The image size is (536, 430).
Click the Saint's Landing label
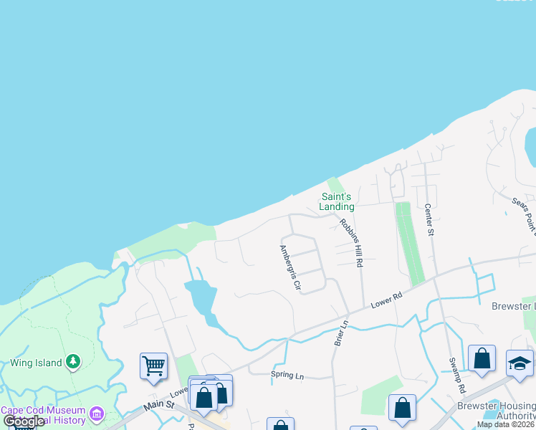pos(337,201)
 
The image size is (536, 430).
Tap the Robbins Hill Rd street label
pos(350,242)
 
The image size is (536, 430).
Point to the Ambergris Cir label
pos(289,267)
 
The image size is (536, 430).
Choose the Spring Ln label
pos(287,375)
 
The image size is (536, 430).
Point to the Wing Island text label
pos(35,363)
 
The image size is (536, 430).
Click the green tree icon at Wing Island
pos(72,362)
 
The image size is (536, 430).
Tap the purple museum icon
pos(97,414)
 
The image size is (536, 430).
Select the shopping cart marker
pos(153,366)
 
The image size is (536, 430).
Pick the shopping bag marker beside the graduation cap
pos(482,359)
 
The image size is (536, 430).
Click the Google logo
pos(24,421)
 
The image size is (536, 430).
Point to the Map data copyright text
pos(505,424)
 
